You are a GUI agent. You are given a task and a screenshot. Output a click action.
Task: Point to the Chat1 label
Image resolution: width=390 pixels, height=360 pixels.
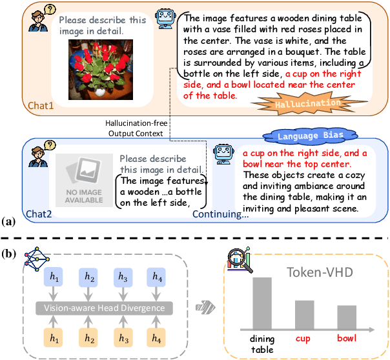pos(41,105)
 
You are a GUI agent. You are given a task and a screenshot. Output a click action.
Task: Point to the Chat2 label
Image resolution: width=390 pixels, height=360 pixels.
pos(41,213)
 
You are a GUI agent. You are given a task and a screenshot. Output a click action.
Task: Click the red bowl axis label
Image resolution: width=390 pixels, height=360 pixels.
pos(347,338)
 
